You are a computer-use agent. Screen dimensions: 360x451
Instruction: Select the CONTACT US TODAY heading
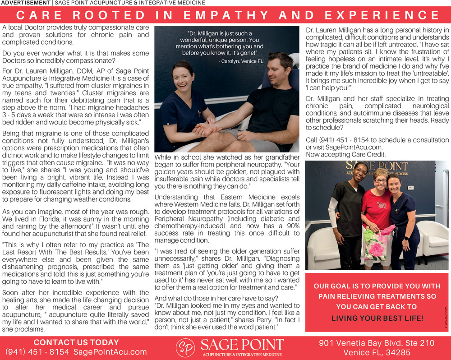(x=76, y=342)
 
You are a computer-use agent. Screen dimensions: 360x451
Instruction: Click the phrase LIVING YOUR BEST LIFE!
(x=377, y=318)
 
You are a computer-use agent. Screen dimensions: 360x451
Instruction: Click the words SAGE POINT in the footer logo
(x=242, y=345)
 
